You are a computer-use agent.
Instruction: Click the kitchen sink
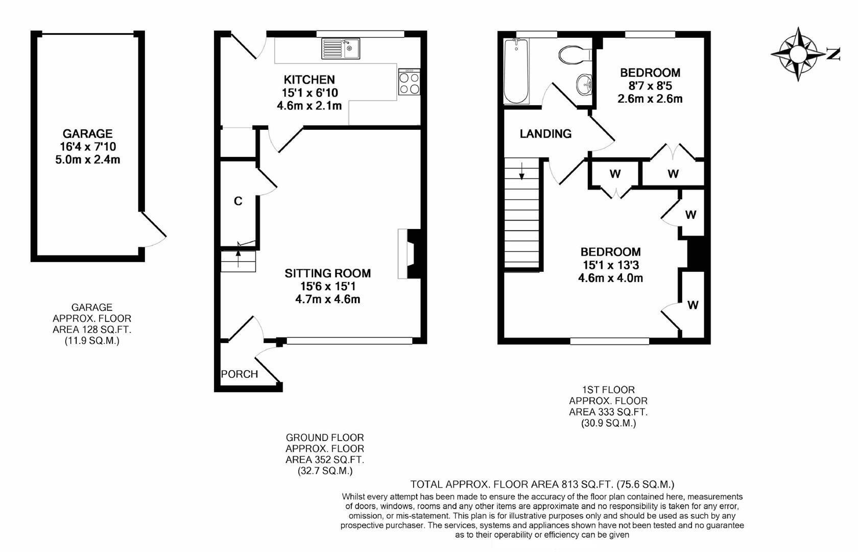341,49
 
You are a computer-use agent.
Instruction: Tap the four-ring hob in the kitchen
409,82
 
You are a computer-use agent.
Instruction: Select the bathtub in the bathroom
516,72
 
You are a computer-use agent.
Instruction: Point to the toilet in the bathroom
575,55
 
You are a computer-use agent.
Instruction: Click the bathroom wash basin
584,84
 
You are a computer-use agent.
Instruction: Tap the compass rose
798,54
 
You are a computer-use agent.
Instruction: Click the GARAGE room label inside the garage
88,133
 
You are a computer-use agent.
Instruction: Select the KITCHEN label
309,80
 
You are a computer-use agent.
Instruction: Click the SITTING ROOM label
327,273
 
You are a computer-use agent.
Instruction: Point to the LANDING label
545,134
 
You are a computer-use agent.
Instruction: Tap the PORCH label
240,374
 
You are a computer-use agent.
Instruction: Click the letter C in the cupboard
238,201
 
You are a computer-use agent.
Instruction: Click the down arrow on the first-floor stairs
521,171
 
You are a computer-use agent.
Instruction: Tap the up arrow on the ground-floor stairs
238,259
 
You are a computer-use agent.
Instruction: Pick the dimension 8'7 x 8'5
650,85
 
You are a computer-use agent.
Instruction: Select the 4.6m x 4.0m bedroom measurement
611,278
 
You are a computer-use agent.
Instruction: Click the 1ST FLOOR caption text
609,390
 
